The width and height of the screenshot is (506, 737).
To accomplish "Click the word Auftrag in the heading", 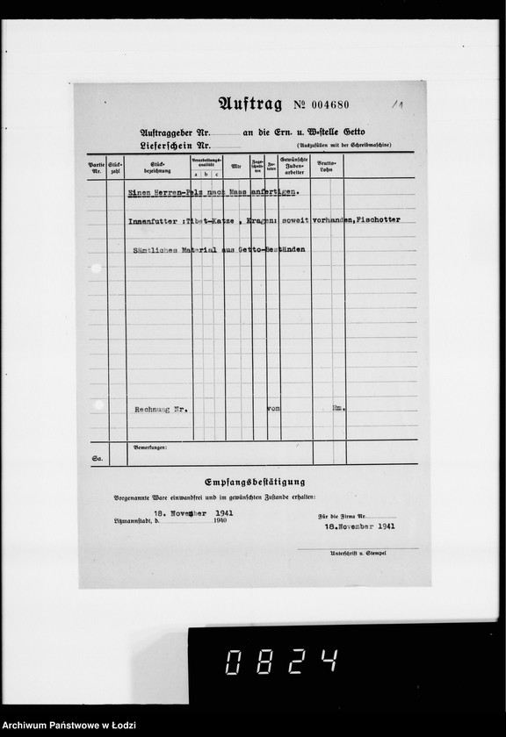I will coord(250,104).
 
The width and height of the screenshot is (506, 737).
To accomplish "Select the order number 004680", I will coord(327,105).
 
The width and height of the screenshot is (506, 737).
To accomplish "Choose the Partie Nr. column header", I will coord(96,165).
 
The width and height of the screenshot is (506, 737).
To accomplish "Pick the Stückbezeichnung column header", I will coord(158,165).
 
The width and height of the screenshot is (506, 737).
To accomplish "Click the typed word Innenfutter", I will coord(154,220).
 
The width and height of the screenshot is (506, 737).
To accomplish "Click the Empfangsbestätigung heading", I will coord(255,482).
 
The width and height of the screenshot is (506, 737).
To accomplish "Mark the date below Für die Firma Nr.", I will coord(359,528).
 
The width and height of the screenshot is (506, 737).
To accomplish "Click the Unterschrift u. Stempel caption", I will coord(358,554).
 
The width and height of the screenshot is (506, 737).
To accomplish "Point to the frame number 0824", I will coord(281,661).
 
